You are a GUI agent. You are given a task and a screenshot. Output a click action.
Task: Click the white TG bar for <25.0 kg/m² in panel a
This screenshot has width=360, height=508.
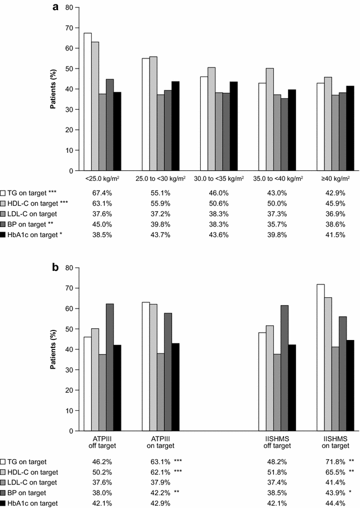pos(88,102)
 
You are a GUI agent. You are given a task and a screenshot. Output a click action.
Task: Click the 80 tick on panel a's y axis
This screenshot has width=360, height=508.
pos(68,8)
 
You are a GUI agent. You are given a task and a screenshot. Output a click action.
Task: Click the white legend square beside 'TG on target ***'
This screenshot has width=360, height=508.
pos(4,192)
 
